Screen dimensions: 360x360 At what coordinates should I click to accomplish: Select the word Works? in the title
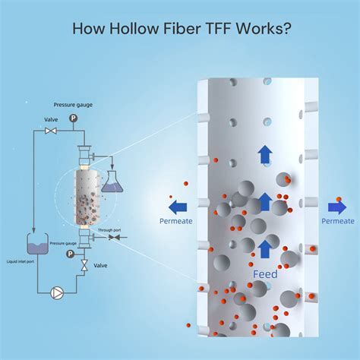pos(266,29)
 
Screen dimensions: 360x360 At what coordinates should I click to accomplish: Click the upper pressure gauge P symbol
pos(73,118)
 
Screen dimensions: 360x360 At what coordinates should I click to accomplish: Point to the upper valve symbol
pos(52,131)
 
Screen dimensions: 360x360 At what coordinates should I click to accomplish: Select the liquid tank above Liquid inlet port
pos(36,244)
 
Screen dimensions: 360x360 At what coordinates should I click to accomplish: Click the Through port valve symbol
pos(113,237)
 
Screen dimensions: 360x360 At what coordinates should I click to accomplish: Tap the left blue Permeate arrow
pos(178,206)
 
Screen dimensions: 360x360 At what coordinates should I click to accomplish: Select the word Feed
pos(265,273)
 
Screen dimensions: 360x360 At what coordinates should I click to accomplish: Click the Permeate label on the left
pos(175,221)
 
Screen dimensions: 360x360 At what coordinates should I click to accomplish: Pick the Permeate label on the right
pos(337,221)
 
